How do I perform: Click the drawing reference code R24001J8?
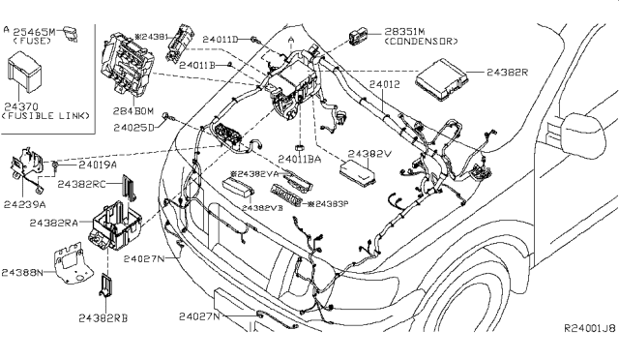point(589,329)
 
